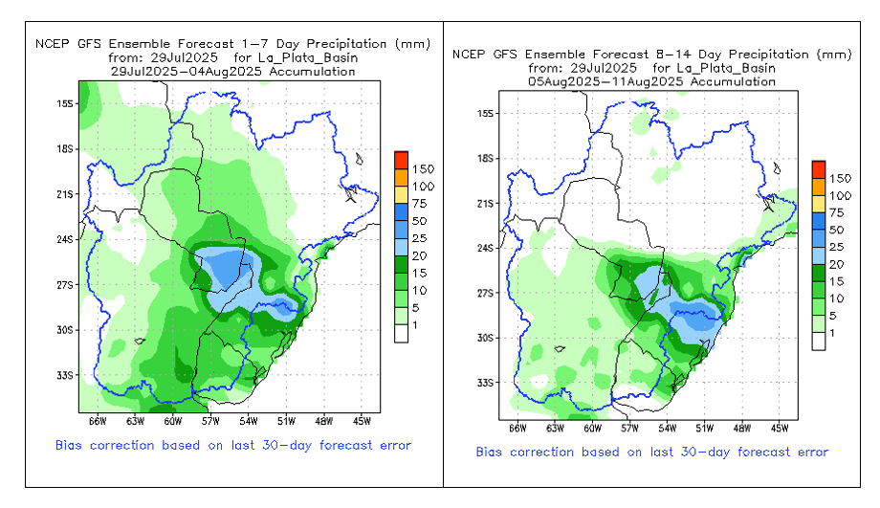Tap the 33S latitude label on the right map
[x=485, y=383]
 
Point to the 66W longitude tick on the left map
[x=98, y=419]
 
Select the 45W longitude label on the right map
[x=779, y=427]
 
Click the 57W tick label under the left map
[x=209, y=419]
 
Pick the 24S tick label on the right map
[x=485, y=249]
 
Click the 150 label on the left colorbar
[x=424, y=168]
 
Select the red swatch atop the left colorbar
[x=402, y=159]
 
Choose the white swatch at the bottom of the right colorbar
[x=819, y=341]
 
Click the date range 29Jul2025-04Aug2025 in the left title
[x=233, y=71]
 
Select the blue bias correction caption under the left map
[x=233, y=445]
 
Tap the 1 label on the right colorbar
[x=832, y=333]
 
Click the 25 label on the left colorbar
[x=420, y=237]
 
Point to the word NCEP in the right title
[x=471, y=55]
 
